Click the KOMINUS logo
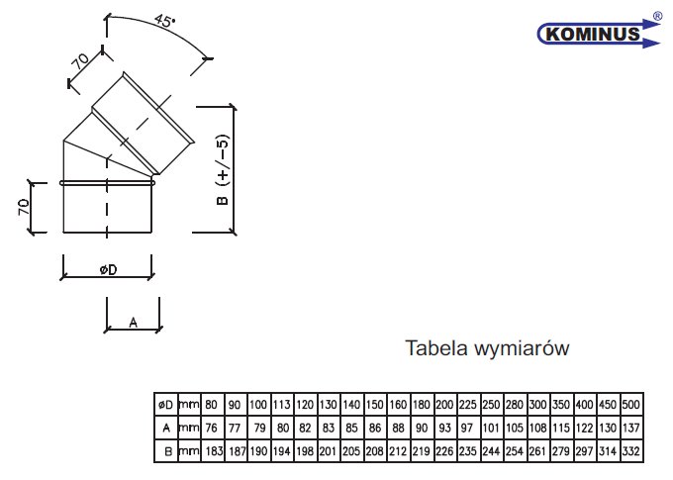pyautogui.click(x=599, y=33)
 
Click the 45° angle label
pyautogui.click(x=165, y=21)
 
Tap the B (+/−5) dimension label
pyautogui.click(x=223, y=170)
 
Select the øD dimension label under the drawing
pyautogui.click(x=108, y=269)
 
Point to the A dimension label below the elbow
pyautogui.click(x=133, y=322)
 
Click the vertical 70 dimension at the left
pyautogui.click(x=24, y=207)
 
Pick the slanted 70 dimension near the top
pyautogui.click(x=80, y=61)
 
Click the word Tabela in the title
pyautogui.click(x=436, y=347)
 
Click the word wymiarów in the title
pyautogui.click(x=522, y=348)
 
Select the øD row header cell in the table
pyautogui.click(x=165, y=405)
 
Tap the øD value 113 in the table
pyautogui.click(x=281, y=405)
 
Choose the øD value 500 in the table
pyautogui.click(x=631, y=405)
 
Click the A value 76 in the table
pyautogui.click(x=211, y=429)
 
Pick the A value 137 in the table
pyautogui.click(x=631, y=429)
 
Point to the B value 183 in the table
pyautogui.click(x=214, y=451)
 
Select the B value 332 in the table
pyautogui.click(x=631, y=451)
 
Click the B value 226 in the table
pyautogui.click(x=444, y=451)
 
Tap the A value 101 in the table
pyautogui.click(x=491, y=429)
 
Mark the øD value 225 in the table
pyautogui.click(x=468, y=405)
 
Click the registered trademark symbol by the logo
pyautogui.click(x=657, y=16)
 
